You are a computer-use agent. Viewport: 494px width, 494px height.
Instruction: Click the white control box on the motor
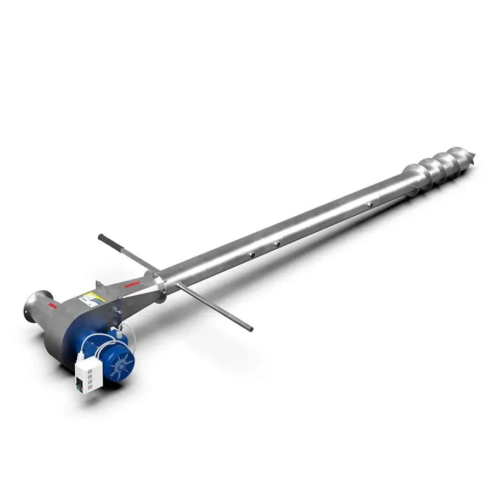[90, 372]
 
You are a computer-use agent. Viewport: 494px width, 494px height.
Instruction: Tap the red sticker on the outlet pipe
[50, 303]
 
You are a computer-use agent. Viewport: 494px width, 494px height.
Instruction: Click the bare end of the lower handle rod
[250, 328]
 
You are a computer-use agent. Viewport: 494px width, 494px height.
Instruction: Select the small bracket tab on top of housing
[99, 284]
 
